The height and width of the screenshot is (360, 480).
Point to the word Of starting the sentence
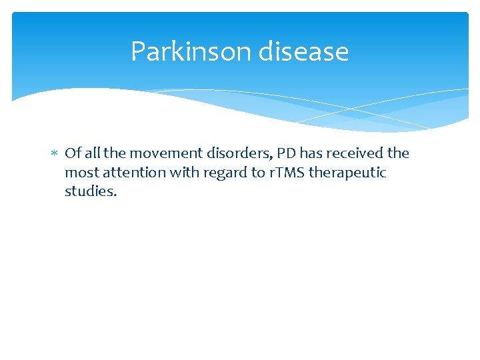point(73,153)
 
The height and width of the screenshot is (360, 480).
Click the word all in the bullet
point(91,153)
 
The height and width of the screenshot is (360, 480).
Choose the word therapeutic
point(347,173)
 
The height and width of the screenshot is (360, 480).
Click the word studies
point(91,192)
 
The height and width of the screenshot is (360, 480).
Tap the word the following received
point(398,153)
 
